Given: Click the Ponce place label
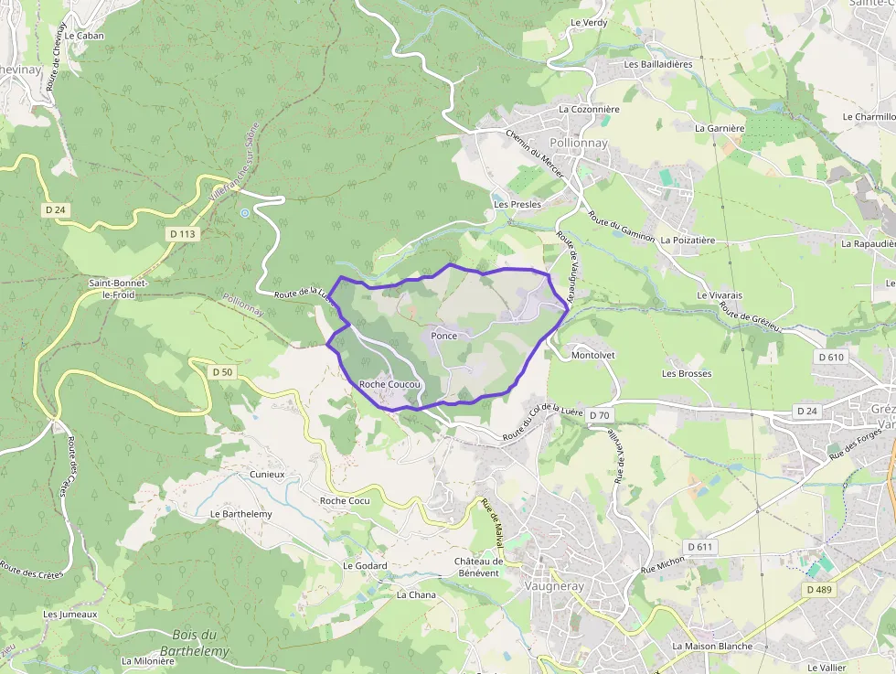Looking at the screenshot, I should point(443,337).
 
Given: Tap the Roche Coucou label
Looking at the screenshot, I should point(389,385).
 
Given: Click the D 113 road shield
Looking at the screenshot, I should point(183,234).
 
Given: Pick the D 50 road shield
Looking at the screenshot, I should point(222,372).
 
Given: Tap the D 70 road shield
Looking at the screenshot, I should point(599,415).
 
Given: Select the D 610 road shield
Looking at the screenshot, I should point(831,357).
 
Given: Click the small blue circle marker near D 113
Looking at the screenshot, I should point(244,213).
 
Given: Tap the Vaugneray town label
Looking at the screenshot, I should point(550,586).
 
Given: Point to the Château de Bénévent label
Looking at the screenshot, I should point(479,567).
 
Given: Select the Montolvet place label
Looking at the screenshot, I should point(592,355).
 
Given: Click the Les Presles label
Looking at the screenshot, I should point(517,205).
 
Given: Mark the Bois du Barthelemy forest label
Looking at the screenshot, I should point(195,643).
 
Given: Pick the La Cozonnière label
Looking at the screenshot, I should point(589,110).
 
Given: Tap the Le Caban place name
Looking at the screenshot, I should point(84,36).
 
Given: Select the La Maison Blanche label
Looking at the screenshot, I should point(712,647).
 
